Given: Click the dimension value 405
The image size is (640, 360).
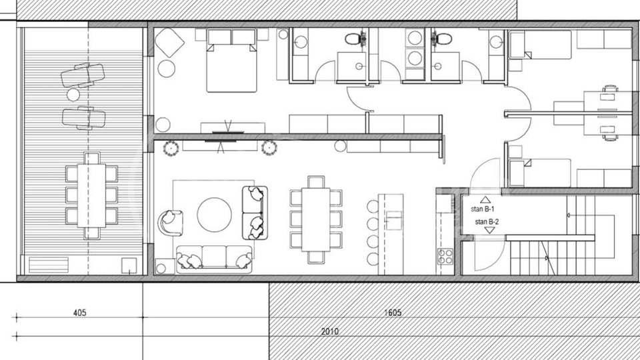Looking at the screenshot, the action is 79,313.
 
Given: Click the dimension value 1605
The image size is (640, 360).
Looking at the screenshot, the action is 393,313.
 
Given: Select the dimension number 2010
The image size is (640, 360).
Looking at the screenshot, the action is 329,331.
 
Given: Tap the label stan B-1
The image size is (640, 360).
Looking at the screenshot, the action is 483,209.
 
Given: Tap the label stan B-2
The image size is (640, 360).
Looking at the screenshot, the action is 487,221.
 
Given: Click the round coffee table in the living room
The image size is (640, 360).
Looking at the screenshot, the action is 214,215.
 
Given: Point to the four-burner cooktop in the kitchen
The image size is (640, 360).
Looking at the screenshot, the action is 445,257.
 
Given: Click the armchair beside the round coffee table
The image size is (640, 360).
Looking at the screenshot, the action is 170,223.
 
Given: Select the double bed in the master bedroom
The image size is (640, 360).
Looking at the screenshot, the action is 231,61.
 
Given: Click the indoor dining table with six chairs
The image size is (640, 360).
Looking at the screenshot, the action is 316,219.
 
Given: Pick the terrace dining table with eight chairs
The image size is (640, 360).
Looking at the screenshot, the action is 91,195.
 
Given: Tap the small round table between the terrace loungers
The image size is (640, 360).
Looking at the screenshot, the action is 73,95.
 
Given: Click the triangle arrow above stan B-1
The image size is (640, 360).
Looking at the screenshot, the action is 485,200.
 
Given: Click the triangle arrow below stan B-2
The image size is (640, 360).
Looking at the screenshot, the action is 489,231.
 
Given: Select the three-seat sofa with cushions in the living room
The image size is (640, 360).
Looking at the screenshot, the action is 214,259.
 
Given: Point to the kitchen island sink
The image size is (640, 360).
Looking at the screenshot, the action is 394,221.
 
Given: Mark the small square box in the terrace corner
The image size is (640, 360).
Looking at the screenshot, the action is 129,266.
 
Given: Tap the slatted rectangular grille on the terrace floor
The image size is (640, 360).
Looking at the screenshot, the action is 49,265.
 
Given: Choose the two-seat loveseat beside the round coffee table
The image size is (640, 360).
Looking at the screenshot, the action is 255,213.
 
